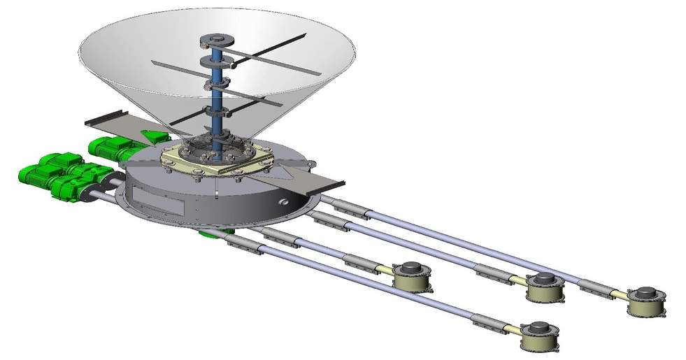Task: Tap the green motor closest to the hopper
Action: pos(111,147)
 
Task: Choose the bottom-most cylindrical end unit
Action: pos(541,336)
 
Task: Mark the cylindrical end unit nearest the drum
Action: pos(412,276)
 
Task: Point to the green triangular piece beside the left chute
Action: pos(153,136)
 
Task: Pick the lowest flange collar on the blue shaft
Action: pos(218,111)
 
